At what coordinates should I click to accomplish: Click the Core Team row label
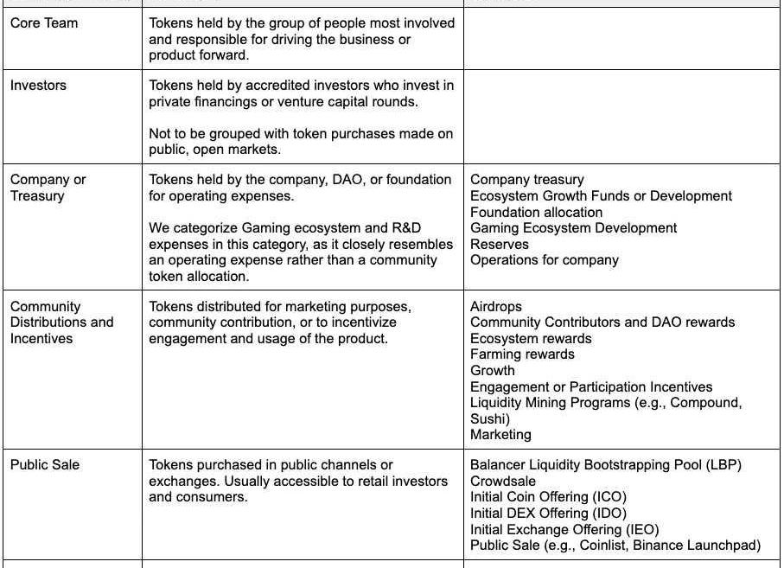click(44, 23)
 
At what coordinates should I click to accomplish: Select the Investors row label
click(38, 86)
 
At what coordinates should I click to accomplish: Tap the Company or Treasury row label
click(48, 188)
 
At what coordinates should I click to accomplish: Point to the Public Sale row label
click(45, 465)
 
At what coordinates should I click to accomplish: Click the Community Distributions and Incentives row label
click(61, 322)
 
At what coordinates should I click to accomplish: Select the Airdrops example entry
click(496, 307)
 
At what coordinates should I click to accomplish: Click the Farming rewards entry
click(522, 354)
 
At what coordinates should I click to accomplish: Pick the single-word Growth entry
click(493, 371)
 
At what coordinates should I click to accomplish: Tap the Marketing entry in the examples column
click(500, 435)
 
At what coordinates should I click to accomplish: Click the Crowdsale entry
click(503, 482)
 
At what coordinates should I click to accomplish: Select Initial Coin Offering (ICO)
click(548, 497)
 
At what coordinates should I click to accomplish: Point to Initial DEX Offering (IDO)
click(548, 514)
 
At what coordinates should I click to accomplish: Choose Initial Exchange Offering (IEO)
click(564, 530)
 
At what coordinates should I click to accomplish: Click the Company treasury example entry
click(527, 180)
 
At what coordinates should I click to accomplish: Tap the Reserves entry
click(500, 245)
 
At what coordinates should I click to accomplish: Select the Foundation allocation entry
click(537, 213)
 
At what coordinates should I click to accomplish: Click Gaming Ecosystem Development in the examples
click(574, 228)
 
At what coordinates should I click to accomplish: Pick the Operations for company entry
click(545, 260)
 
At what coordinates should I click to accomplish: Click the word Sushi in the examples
click(488, 419)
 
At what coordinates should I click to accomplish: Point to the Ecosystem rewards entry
click(531, 339)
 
